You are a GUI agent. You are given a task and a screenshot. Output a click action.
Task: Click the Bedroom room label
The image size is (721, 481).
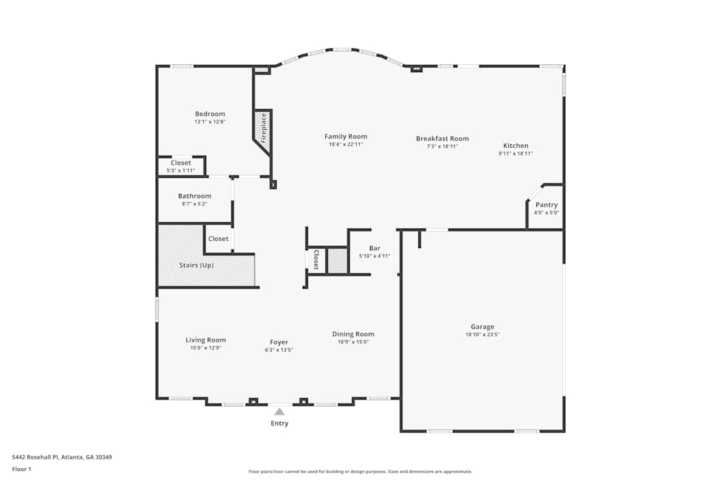[210, 114]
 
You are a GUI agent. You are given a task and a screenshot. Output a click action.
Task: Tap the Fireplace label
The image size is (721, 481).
[264, 128]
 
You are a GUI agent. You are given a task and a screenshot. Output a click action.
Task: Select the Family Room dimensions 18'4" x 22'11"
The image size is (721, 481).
[345, 144]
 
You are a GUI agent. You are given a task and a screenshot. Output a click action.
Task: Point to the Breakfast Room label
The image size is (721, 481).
[442, 138]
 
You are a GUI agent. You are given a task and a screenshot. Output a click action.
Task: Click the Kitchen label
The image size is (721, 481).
[516, 146]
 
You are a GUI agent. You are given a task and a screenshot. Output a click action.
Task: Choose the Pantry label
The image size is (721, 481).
[546, 205]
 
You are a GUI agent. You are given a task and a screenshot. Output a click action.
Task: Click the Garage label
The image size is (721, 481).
[482, 327]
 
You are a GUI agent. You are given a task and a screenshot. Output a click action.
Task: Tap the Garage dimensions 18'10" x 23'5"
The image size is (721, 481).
[482, 335]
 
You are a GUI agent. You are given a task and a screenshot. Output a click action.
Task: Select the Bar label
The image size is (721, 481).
[374, 248]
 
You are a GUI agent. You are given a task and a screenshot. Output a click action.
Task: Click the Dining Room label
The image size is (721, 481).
[353, 334]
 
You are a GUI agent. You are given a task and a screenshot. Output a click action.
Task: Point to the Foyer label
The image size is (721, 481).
[279, 342]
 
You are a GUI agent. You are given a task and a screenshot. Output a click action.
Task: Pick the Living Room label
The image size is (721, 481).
[205, 340]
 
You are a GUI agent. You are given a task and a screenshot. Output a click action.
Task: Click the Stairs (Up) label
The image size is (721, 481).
[196, 265]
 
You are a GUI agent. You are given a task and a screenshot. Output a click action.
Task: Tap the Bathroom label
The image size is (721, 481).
[195, 196]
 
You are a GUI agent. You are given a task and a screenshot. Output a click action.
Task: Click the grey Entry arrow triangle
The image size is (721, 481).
[279, 411]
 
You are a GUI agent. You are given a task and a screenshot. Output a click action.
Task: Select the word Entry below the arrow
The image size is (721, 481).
[279, 423]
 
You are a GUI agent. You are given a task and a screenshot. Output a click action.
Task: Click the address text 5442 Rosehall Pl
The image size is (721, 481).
[37, 457]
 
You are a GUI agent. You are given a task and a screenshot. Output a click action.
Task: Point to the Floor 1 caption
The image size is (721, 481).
[22, 469]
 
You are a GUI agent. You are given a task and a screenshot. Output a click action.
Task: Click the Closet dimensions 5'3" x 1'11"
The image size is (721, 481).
[181, 171]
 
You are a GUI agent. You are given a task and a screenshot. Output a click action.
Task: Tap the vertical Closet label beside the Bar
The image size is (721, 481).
[316, 260]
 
